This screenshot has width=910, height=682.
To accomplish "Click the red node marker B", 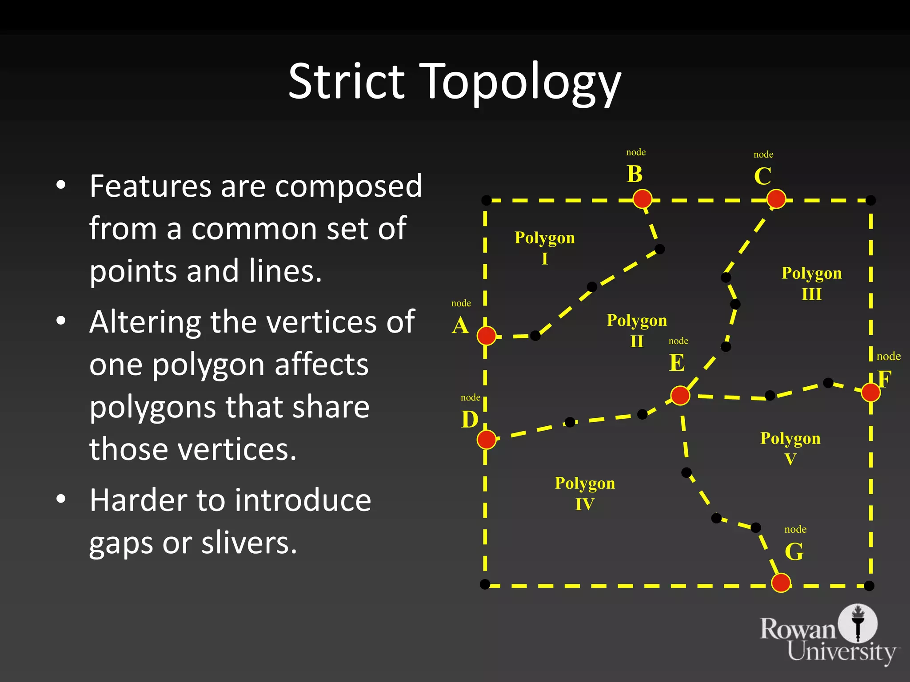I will [643, 198].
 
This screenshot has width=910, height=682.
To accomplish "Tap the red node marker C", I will [776, 198].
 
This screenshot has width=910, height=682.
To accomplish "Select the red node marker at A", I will [487, 336].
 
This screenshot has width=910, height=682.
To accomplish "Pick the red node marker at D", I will [487, 440].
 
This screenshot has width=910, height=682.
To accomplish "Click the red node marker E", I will [680, 395].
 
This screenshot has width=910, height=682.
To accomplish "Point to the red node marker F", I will [870, 392].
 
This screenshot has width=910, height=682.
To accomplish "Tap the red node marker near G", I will [781, 583].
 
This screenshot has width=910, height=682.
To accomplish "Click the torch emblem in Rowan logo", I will [858, 623].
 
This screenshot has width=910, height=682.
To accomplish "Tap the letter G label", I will [794, 552].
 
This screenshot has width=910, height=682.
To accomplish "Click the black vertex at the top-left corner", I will [487, 200].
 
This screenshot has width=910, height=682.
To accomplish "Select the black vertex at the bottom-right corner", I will [870, 586].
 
